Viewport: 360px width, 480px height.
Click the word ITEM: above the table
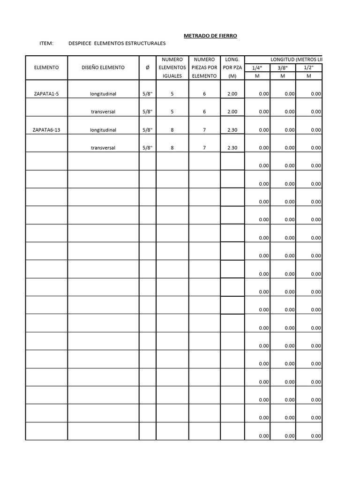(x=47, y=44)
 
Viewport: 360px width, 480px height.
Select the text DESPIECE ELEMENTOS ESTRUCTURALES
(x=117, y=44)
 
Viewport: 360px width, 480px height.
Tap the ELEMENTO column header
(x=46, y=67)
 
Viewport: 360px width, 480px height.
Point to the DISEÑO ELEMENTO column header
(x=103, y=67)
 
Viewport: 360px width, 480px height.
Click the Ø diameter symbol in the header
(x=148, y=67)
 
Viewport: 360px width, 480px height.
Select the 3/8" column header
(x=284, y=67)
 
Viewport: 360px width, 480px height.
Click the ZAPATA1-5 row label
(x=46, y=94)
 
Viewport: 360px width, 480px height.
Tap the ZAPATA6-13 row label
(x=47, y=130)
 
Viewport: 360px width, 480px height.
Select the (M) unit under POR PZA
(x=232, y=76)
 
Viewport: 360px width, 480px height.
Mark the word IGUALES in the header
(x=172, y=76)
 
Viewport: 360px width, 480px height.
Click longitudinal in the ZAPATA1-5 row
(x=103, y=94)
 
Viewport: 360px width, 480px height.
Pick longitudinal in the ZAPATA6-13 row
(x=103, y=130)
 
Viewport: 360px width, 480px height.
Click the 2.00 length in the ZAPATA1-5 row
(x=232, y=94)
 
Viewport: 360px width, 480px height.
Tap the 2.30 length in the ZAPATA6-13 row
(x=232, y=130)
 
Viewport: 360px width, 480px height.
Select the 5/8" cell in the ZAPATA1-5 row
(x=148, y=94)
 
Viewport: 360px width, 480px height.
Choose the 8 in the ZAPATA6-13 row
(x=172, y=130)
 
